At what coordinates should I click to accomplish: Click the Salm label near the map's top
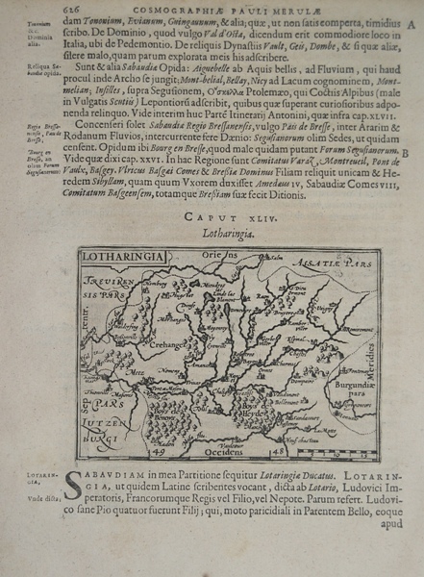point(249,272)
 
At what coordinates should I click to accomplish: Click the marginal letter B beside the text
point(408,151)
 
